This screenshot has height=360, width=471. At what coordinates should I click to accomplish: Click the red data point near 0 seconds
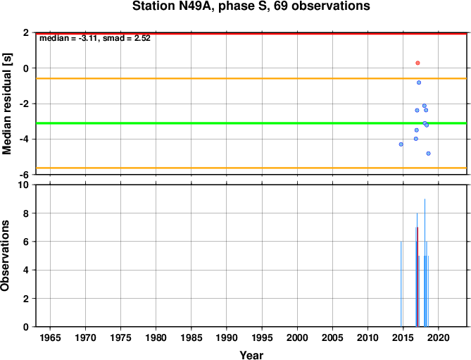coord(417,63)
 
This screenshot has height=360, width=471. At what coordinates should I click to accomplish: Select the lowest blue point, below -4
coord(428,154)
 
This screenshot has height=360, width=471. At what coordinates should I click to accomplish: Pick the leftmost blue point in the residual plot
coord(401,144)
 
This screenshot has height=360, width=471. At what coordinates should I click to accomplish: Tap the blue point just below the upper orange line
coord(419,82)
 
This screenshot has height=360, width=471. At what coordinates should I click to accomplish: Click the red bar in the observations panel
coord(417,277)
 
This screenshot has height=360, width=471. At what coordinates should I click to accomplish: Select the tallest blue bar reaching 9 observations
coord(425,263)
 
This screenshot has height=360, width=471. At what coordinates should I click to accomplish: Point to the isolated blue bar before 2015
coord(401,284)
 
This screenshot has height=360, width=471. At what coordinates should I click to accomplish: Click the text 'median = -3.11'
coord(69,38)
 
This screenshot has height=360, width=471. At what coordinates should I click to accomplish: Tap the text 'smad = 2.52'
coord(127,38)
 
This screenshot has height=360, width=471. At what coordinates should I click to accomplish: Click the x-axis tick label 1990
coord(227,337)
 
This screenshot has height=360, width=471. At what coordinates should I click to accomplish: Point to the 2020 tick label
coord(438,337)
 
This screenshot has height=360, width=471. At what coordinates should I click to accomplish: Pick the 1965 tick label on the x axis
coord(50,337)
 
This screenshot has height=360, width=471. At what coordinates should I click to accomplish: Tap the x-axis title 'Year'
coord(251,355)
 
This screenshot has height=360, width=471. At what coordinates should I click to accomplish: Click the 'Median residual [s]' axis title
coord(6,104)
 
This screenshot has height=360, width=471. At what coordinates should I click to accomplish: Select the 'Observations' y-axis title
coord(5,256)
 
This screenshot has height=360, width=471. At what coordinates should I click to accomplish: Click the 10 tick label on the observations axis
coord(23,185)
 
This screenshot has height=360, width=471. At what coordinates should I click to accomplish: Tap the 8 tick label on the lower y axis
coord(26,213)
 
